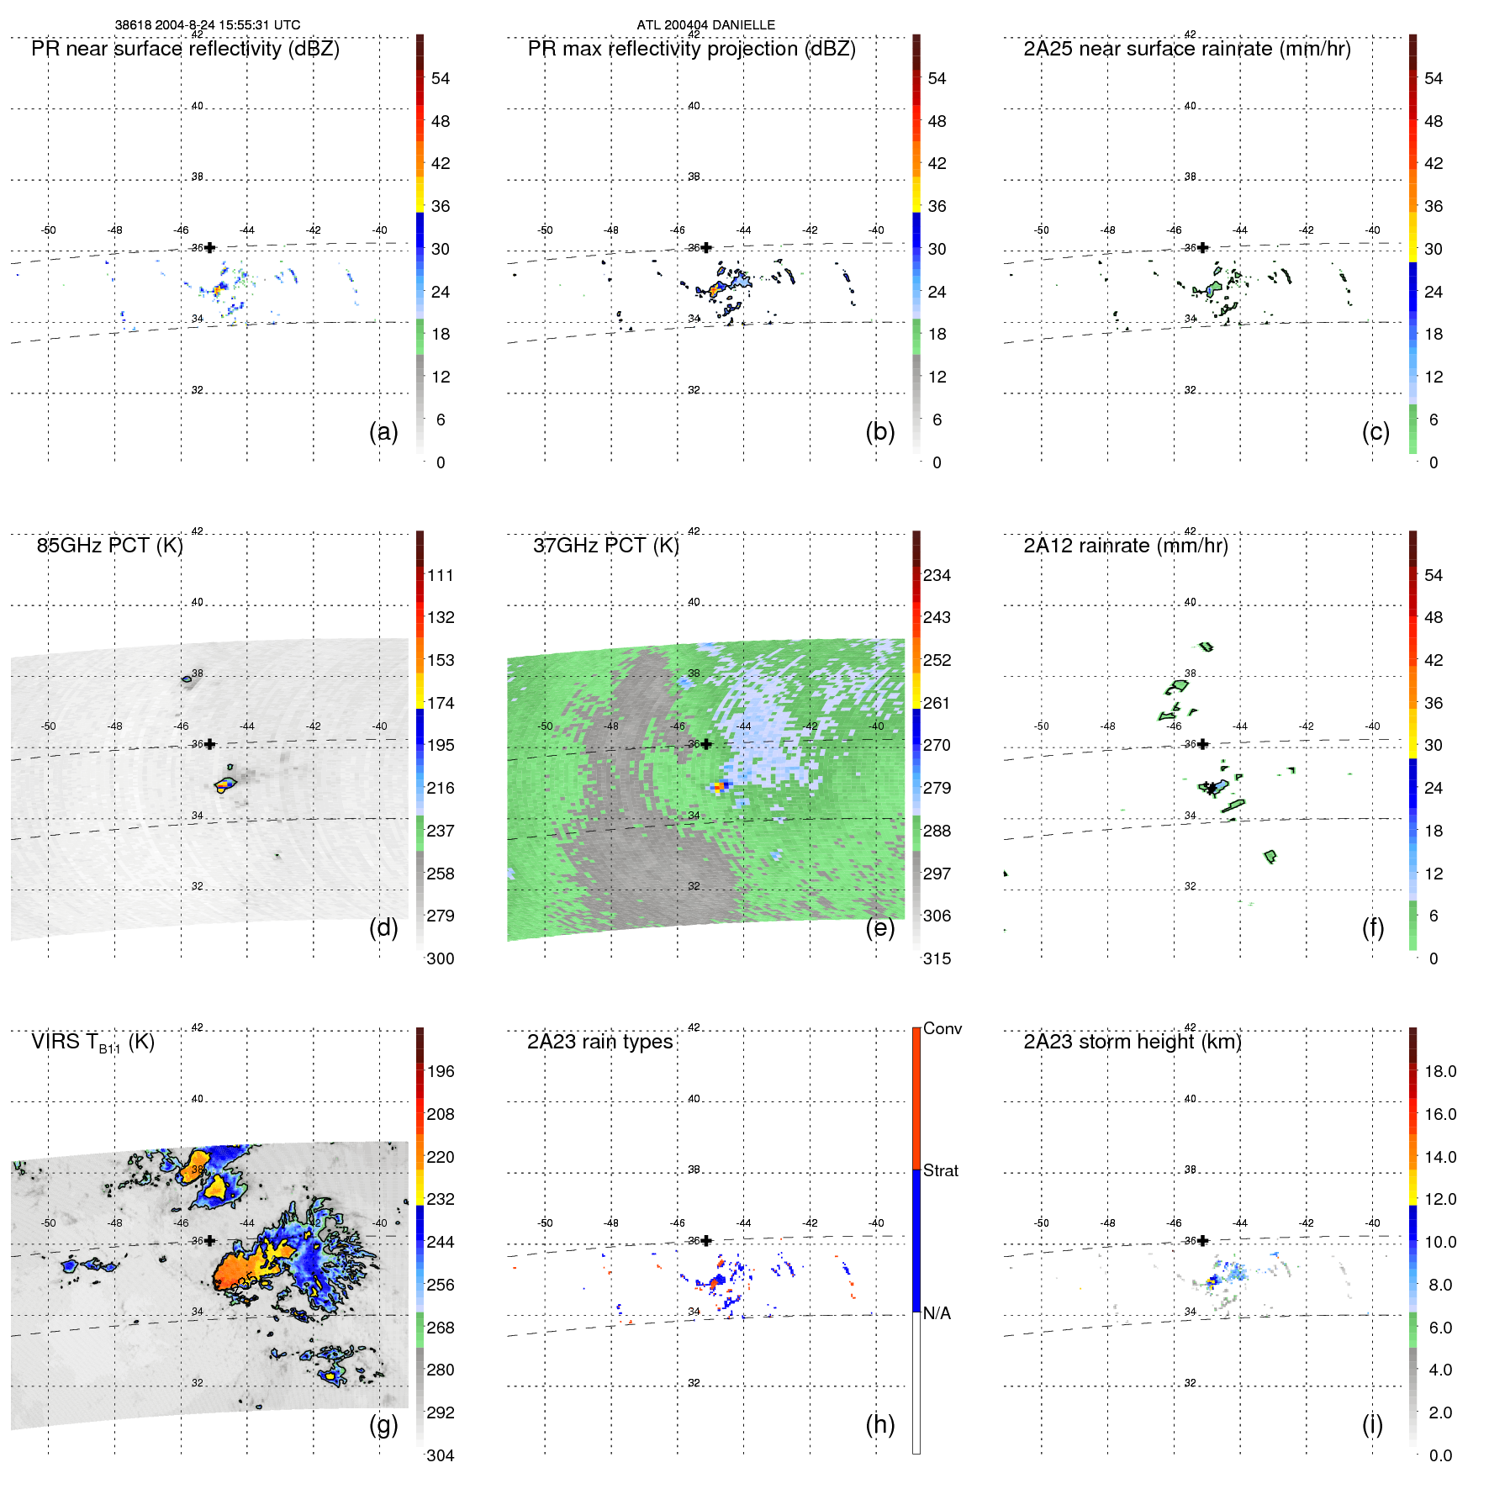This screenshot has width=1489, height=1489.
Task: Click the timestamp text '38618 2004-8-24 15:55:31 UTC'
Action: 207,25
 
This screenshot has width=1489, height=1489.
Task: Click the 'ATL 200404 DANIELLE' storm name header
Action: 705,25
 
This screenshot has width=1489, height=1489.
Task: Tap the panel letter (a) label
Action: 383,431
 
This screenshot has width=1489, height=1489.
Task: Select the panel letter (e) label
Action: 879,927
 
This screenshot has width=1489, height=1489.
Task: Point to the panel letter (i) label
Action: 1372,1424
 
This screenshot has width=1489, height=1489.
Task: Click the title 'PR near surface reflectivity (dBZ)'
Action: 185,49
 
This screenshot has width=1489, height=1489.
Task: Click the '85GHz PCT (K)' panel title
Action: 109,546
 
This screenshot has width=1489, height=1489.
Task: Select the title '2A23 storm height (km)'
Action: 1132,1042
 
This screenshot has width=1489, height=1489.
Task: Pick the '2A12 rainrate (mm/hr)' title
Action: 1125,546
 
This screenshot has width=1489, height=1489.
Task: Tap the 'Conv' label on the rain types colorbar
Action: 942,1028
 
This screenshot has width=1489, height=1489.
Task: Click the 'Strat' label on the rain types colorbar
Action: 940,1170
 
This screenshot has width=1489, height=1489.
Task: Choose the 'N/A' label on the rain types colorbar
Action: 937,1313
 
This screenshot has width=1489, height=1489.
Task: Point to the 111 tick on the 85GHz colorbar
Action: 440,575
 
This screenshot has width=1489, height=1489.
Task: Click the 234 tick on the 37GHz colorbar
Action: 937,575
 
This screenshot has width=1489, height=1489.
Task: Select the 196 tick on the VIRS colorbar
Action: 440,1071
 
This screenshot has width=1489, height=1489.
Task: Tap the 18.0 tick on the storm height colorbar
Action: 1439,1071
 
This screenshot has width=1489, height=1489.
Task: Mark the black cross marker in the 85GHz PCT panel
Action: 210,744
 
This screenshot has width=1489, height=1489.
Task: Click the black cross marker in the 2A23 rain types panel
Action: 706,1240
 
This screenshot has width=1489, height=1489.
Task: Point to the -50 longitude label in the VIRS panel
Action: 49,1222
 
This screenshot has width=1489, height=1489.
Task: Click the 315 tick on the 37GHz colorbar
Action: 937,958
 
